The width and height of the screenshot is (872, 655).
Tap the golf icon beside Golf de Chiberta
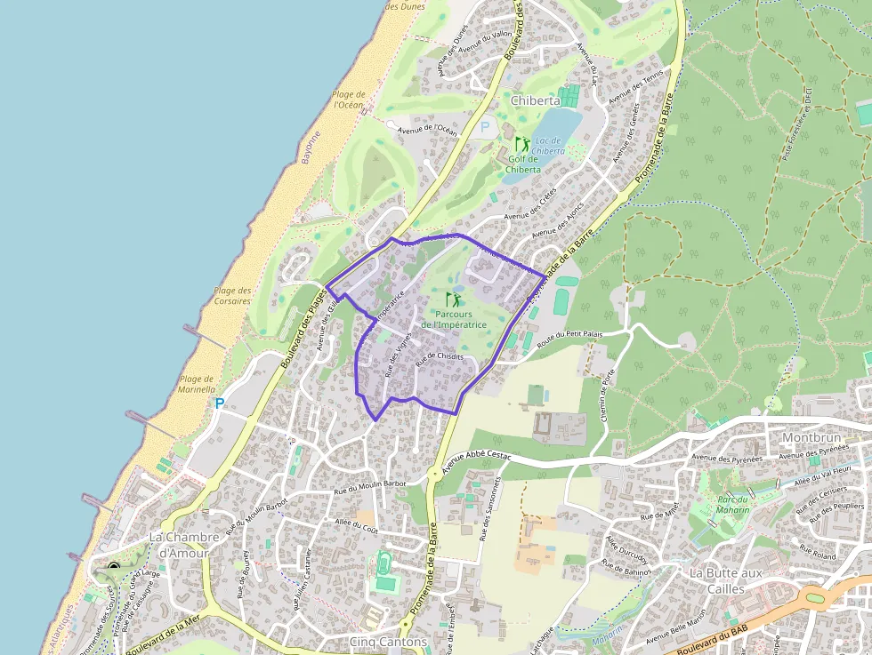(x=522, y=143)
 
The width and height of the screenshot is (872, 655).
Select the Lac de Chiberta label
(x=549, y=145)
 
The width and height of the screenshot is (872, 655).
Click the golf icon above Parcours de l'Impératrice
(x=454, y=300)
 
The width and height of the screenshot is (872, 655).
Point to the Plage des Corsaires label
(x=232, y=295)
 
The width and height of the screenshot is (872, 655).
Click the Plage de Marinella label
(x=198, y=383)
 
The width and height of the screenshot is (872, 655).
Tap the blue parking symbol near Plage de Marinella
(x=219, y=403)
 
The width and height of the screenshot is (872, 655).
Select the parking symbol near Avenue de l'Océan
(x=485, y=127)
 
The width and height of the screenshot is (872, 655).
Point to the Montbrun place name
(x=811, y=438)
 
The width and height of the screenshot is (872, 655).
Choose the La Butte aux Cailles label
(x=725, y=580)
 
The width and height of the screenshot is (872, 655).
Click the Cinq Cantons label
(x=388, y=641)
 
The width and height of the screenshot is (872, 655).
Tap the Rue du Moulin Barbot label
(x=369, y=485)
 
